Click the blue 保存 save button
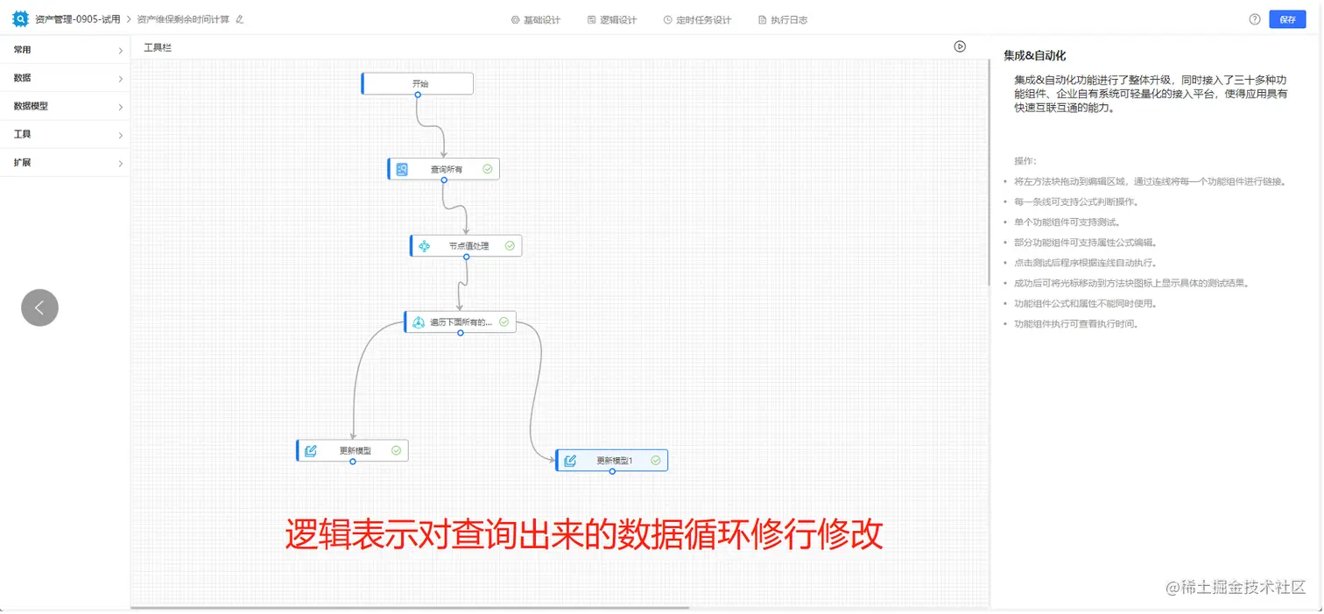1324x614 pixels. coord(1286,19)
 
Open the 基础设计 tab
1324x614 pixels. coord(536,19)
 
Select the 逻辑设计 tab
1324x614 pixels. coord(612,19)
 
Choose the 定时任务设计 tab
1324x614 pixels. coord(697,19)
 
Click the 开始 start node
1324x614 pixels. coord(418,83)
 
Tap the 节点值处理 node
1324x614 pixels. coord(466,246)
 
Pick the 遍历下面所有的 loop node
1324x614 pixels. coord(460,321)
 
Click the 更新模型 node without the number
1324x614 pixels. coord(352,451)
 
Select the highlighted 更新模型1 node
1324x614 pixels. coord(612,461)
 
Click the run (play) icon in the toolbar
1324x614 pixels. coord(960,46)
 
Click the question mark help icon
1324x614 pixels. coord(1255,19)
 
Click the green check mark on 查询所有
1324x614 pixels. coord(487,169)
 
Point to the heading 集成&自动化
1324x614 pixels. coord(1034,55)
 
